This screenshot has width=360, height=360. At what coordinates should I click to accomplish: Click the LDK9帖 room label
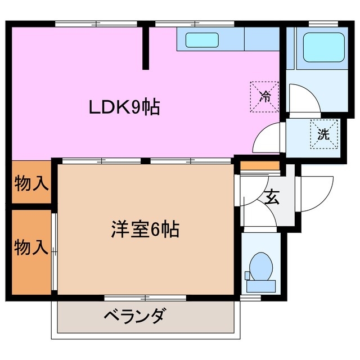click(124, 106)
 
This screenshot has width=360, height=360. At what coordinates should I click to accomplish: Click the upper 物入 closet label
click(31, 183)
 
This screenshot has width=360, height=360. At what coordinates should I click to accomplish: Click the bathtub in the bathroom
click(323, 48)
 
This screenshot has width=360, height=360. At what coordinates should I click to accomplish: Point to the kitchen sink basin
click(202, 40)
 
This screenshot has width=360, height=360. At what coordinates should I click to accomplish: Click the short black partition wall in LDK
click(145, 48)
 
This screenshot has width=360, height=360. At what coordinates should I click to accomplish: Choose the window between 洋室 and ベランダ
click(145, 296)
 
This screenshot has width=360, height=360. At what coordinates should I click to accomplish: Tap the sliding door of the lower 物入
click(54, 251)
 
